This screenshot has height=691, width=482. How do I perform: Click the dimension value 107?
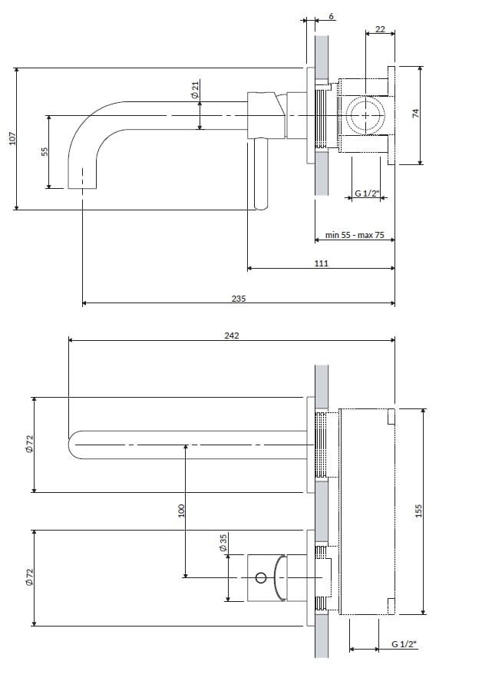pyautogui.click(x=12, y=138)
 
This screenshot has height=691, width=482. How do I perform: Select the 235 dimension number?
pyautogui.click(x=238, y=299)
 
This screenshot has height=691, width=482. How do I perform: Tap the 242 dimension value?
pyautogui.click(x=232, y=336)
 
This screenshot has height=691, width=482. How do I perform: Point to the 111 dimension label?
pyautogui.click(x=322, y=263)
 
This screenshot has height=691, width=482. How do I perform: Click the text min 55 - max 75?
pyautogui.click(x=354, y=236)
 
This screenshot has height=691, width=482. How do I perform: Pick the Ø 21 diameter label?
pyautogui.click(x=195, y=89)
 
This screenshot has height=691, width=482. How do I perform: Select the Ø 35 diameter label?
pyautogui.click(x=223, y=544)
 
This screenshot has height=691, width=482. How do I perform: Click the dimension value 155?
pyautogui.click(x=419, y=511)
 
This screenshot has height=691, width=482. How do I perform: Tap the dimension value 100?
pyautogui.click(x=182, y=511)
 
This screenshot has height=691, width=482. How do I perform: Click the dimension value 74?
pyautogui.click(x=416, y=114)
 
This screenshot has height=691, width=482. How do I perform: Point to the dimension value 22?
pyautogui.click(x=380, y=29)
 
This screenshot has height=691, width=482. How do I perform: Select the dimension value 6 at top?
pyautogui.click(x=330, y=16)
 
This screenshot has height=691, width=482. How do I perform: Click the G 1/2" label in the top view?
pyautogui.click(x=366, y=193)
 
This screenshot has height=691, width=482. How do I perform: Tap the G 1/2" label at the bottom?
pyautogui.click(x=403, y=645)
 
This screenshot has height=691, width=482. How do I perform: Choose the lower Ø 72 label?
pyautogui.click(x=29, y=577)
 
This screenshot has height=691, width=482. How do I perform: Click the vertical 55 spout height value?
pyautogui.click(x=45, y=152)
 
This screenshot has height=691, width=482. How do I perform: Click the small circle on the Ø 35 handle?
pyautogui.click(x=260, y=577)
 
